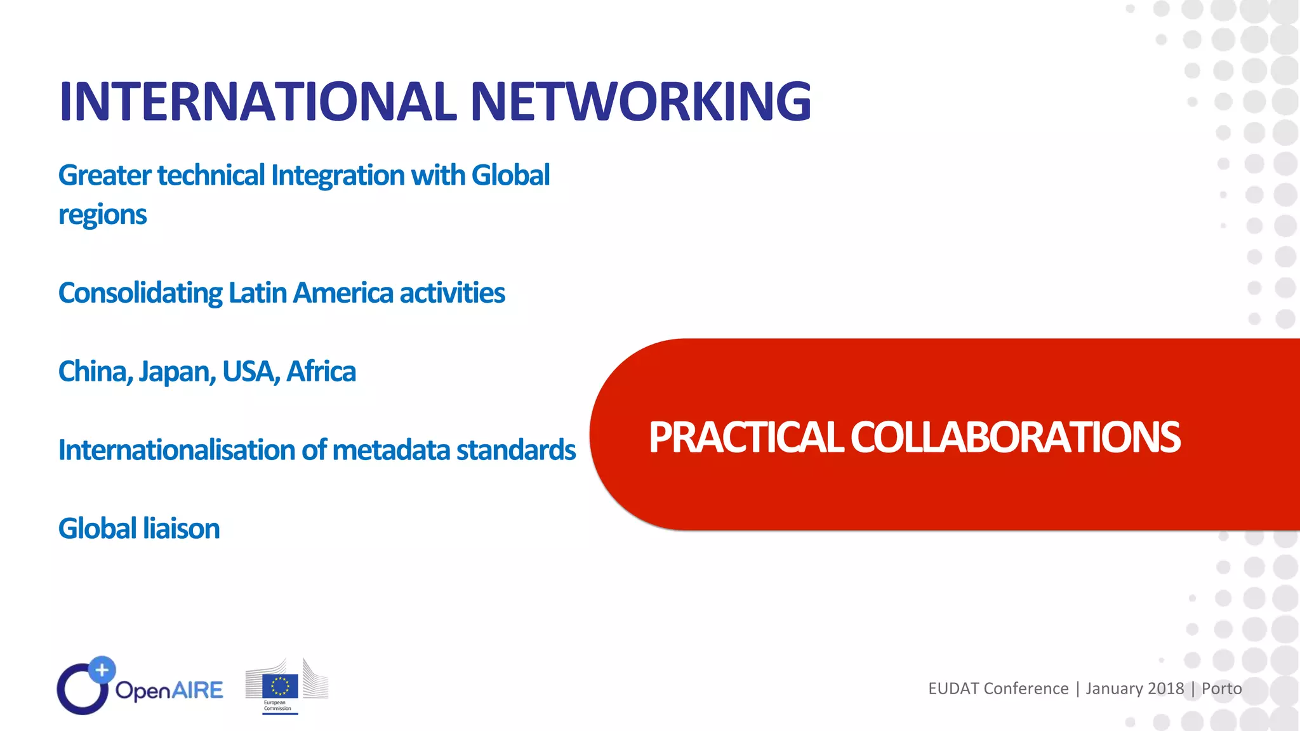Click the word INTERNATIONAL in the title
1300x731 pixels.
258,102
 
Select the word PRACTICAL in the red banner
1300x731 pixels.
745,437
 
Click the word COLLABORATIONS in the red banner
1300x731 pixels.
1015,437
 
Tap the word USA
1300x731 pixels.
250,372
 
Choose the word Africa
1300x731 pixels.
321,372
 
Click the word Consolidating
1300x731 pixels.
140,294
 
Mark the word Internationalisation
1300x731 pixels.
176,450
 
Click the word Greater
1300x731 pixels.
105,176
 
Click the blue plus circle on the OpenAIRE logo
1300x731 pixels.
102,670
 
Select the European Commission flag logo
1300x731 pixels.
280,686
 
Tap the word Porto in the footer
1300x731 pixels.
1221,688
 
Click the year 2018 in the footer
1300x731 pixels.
1166,688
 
